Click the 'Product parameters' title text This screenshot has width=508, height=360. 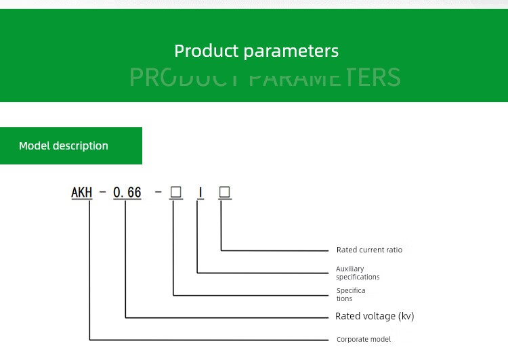tap(256, 51)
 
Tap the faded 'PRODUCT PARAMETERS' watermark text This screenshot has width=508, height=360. tap(265, 77)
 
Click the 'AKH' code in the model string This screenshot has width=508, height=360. tap(81, 193)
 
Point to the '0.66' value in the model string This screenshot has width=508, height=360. tap(127, 193)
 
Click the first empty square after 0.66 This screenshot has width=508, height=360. tap(176, 192)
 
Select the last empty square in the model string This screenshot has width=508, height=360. tap(225, 192)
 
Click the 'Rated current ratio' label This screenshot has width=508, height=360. tap(369, 250)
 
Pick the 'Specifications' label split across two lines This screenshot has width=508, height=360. tap(351, 294)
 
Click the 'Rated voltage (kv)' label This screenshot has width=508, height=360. tap(375, 316)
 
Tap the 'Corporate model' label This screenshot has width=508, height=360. tap(364, 339)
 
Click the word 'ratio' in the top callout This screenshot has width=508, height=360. tap(394, 250)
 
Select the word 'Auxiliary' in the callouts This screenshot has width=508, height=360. tap(350, 269)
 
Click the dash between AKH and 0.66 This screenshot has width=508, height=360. tap(103, 193)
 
